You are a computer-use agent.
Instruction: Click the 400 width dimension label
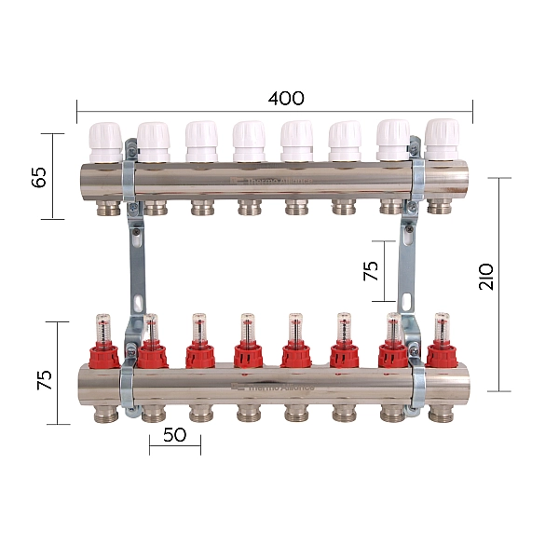point(286,98)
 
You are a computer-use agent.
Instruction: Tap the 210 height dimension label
point(485,277)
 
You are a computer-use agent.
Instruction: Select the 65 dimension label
point(39,176)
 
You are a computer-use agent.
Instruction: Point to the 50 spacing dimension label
point(174,434)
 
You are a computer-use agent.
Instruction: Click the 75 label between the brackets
point(371,271)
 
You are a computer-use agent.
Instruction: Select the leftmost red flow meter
point(102,341)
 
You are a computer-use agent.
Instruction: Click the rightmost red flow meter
point(442,341)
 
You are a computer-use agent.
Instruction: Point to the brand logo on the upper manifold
point(276,182)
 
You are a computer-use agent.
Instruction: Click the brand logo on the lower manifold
point(276,385)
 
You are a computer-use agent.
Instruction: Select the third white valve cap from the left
point(201,141)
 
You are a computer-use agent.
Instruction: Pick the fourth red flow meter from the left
point(247,341)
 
